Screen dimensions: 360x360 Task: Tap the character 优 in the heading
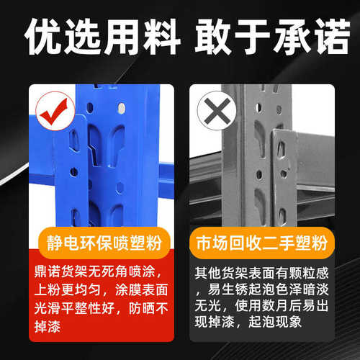pos(41,37)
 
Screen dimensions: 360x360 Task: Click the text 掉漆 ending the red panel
pos(51,326)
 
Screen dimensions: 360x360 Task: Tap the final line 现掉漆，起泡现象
pos(256,326)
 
